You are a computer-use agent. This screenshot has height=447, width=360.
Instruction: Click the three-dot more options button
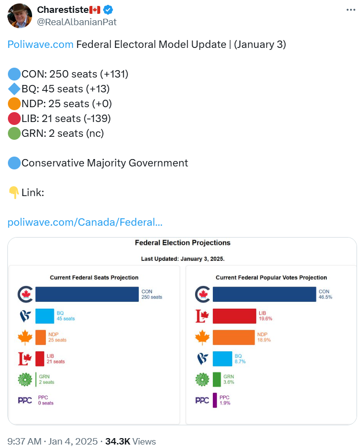click(350, 10)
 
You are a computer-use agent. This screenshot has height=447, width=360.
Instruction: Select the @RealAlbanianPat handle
click(77, 22)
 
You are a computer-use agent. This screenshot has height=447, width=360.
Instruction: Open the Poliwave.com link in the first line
click(40, 44)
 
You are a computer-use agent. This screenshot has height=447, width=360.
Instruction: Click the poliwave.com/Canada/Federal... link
click(85, 222)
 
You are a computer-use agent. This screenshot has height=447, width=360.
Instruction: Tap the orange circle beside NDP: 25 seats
click(14, 104)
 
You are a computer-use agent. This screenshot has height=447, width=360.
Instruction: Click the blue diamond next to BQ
click(14, 89)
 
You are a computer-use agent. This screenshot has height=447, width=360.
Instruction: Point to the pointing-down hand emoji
click(14, 193)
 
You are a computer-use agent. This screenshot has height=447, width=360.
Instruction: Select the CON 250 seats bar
click(87, 294)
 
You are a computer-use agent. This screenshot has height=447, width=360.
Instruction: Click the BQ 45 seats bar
click(44, 316)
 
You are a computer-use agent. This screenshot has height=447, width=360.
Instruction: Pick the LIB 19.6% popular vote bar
click(234, 316)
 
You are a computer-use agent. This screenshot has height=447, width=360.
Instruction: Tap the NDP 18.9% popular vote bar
click(233, 337)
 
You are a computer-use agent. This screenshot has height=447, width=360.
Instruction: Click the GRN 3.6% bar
click(217, 379)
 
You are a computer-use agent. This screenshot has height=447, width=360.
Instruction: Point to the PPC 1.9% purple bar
click(215, 400)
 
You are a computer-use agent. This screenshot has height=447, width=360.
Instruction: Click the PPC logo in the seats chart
click(25, 400)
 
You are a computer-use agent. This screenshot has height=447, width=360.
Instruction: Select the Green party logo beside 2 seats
click(25, 379)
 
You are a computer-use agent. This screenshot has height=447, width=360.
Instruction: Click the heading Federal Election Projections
click(183, 243)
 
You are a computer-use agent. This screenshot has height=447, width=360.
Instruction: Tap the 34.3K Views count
click(130, 441)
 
